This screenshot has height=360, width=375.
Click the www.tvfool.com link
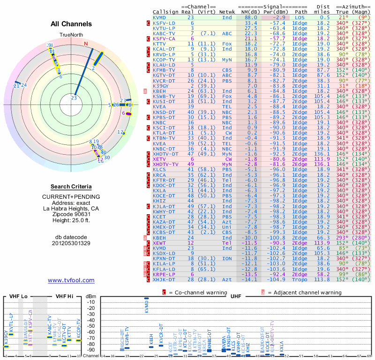pos(71,280)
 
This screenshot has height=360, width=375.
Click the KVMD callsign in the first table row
pos(159,17)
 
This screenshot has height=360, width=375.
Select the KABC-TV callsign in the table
pos(164,33)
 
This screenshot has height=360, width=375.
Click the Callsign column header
pos(165,12)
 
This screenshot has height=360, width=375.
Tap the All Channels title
pos(71,24)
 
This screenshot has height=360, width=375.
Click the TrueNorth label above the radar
pos(71,36)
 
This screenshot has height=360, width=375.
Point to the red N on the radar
pos(86,44)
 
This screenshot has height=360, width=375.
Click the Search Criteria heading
pos(71,187)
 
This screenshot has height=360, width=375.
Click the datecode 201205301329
pos(71,243)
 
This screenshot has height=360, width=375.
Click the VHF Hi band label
pos(66,296)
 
